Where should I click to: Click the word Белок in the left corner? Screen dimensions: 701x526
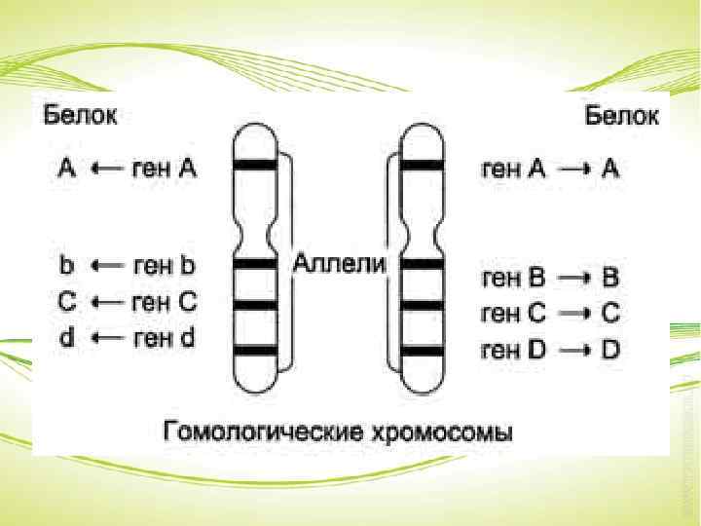tap(80, 117)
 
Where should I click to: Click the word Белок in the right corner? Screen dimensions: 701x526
tap(621, 117)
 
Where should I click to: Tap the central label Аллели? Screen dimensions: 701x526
tap(340, 264)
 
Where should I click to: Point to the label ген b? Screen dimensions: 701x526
tap(165, 264)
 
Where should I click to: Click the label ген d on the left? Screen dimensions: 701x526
tap(165, 338)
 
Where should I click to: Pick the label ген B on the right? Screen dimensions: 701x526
tap(513, 278)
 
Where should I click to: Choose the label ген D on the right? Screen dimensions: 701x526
tap(513, 350)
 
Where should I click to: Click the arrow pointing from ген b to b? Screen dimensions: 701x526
tap(105, 265)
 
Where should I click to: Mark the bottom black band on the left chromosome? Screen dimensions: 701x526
tap(254, 349)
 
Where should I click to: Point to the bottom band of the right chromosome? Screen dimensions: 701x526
tap(423, 349)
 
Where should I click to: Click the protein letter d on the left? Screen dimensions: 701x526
tap(66, 338)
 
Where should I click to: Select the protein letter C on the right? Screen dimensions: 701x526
tap(610, 314)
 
